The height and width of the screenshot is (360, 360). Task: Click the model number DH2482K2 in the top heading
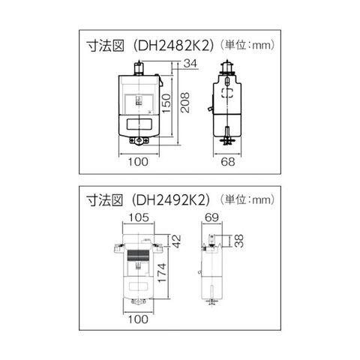(174, 46)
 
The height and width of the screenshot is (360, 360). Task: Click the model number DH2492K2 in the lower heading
(174, 200)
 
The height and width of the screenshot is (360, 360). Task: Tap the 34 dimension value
(190, 64)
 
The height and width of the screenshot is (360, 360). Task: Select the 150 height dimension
(166, 103)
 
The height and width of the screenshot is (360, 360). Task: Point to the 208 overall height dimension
(185, 103)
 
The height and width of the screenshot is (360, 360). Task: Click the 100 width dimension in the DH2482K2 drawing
(138, 162)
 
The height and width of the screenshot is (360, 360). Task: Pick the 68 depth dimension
(228, 162)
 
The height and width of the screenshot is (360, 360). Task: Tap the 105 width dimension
(139, 217)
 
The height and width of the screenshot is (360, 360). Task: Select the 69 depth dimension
(211, 217)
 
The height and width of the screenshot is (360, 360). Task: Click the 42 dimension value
(176, 241)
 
